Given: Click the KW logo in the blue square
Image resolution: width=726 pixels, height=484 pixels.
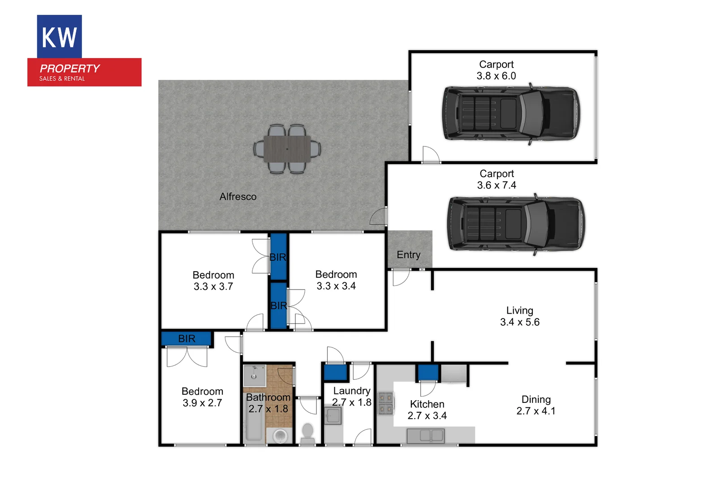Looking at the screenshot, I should (x=59, y=37).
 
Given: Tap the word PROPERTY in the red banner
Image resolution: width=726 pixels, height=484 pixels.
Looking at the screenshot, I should (x=70, y=69).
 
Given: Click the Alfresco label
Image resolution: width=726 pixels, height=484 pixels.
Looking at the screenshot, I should (x=238, y=197).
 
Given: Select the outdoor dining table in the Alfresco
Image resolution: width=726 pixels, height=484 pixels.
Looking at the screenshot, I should (x=287, y=149).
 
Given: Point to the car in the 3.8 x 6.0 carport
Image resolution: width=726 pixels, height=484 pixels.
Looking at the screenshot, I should (x=511, y=113).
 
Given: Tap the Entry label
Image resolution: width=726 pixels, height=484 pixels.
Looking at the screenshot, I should (x=409, y=255).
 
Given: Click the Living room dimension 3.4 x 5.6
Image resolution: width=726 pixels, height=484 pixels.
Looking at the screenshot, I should (x=520, y=322).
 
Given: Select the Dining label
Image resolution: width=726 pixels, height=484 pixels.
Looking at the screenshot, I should (x=536, y=399).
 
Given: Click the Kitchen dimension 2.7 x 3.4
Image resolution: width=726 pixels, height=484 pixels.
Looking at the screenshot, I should (x=427, y=416).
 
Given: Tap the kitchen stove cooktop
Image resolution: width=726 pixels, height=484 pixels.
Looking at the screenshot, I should (x=386, y=403).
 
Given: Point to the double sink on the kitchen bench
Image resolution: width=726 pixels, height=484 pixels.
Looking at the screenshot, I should (x=425, y=435).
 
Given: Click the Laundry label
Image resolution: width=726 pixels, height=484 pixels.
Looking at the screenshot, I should (x=352, y=391).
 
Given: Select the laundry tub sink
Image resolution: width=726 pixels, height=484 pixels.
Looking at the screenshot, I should (x=333, y=415).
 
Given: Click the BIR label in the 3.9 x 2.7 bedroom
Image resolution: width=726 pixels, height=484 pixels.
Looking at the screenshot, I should (x=187, y=339).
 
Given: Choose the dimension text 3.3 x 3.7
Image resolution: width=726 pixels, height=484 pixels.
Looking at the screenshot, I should (x=213, y=287).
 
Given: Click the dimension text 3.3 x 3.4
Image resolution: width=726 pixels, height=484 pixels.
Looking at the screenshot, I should (x=336, y=286).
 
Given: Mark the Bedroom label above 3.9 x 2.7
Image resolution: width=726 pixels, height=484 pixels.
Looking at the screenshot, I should (x=202, y=391).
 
